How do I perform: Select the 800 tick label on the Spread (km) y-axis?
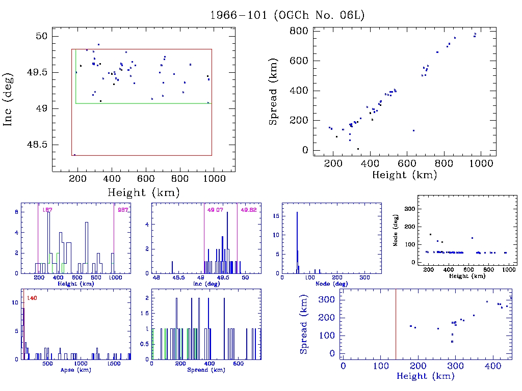click(x=299, y=31)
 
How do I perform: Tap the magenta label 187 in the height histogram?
click(x=47, y=210)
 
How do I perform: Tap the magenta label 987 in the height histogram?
click(x=123, y=210)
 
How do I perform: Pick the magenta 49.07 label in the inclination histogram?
click(x=215, y=210)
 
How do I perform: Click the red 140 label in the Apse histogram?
click(x=32, y=297)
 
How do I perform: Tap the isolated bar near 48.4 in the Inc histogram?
click(x=172, y=267)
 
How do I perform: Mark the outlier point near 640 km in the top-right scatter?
click(x=413, y=130)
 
